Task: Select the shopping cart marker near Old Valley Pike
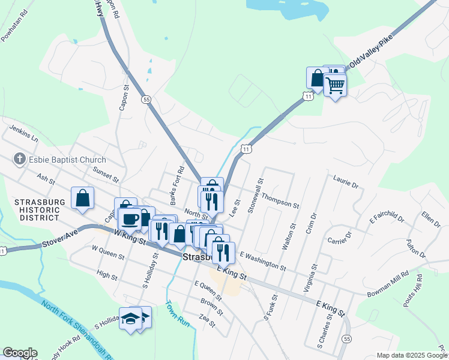[x=335, y=85]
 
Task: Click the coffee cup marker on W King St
[x=130, y=219]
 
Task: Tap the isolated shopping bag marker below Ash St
[x=82, y=198]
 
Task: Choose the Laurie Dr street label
[x=345, y=182]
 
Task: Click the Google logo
[x=19, y=353]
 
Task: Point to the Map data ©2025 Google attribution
[x=411, y=355]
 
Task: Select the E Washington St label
[x=263, y=260]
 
